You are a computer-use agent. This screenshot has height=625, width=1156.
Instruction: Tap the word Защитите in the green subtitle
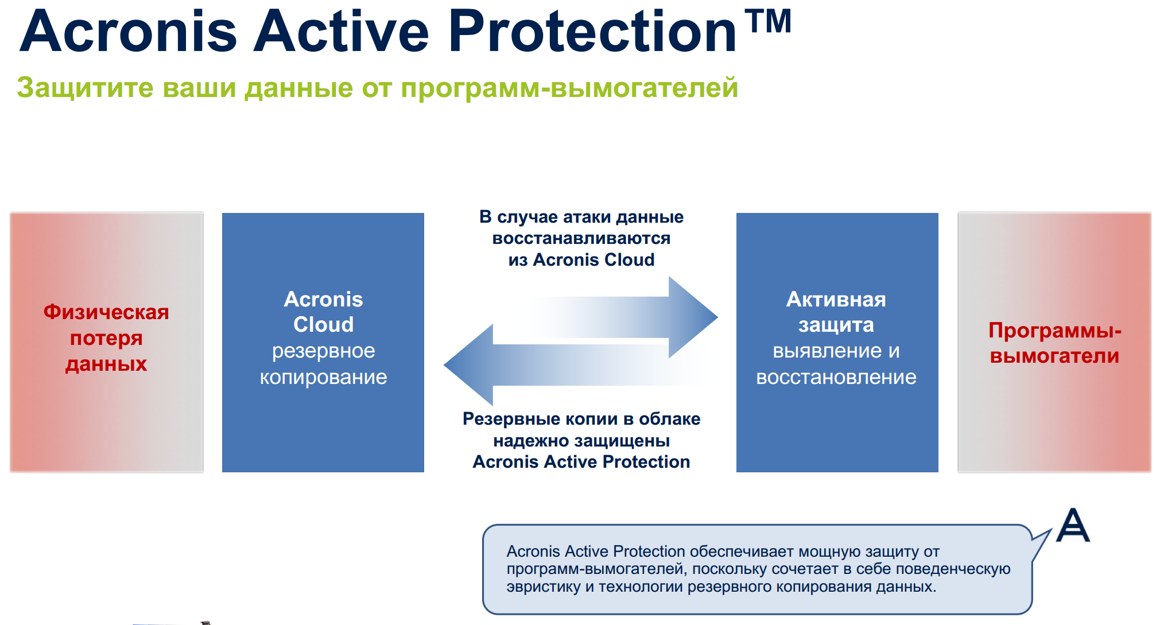86,88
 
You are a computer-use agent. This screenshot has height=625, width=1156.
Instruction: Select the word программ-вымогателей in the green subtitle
569,88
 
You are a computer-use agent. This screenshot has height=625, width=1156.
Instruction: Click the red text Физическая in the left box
106,312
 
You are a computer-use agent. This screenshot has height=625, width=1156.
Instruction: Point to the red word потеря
106,338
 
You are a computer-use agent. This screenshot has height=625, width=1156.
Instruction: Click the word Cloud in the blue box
324,325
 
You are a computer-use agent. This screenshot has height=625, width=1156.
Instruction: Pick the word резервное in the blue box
324,351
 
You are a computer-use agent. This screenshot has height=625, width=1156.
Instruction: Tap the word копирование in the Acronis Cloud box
324,377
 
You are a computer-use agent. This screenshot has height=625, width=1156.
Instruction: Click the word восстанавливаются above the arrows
581,238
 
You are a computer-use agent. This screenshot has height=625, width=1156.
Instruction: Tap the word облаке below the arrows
670,419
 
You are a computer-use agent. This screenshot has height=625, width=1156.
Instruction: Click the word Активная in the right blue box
836,300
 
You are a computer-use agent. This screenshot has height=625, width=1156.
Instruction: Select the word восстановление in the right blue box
836,377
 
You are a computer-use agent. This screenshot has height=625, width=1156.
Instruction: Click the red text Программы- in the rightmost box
1055,331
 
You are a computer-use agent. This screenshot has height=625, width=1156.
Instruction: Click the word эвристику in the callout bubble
544,587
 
